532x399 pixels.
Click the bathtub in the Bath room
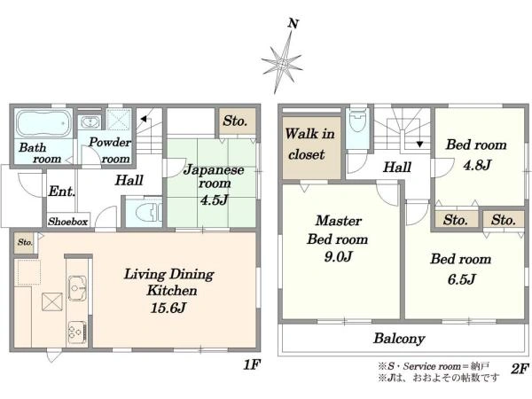point(44,123)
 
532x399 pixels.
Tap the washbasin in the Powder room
point(90,122)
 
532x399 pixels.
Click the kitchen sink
point(78,288)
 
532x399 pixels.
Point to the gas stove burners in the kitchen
point(77,331)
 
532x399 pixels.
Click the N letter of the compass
point(293,24)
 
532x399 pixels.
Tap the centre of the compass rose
point(282,64)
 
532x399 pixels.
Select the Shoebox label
point(68,222)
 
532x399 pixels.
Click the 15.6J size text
point(168,308)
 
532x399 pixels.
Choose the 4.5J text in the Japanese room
point(214,199)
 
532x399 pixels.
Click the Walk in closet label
point(309,144)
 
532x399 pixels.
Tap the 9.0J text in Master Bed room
point(338,256)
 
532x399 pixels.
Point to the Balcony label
point(399,339)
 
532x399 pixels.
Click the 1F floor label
point(252,365)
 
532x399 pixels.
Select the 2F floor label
point(520,369)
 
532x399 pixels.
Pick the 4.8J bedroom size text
point(477,165)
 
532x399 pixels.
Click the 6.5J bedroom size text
point(461,279)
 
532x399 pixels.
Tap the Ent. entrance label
point(61,192)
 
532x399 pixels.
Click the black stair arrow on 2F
point(419,144)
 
